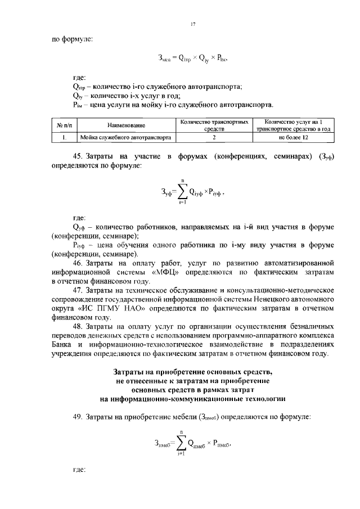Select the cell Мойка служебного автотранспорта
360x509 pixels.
[126, 137]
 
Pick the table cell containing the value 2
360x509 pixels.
[214, 137]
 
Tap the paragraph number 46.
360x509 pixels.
[78, 262]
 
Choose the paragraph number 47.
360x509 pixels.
[78, 290]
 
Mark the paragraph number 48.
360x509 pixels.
[78, 326]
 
